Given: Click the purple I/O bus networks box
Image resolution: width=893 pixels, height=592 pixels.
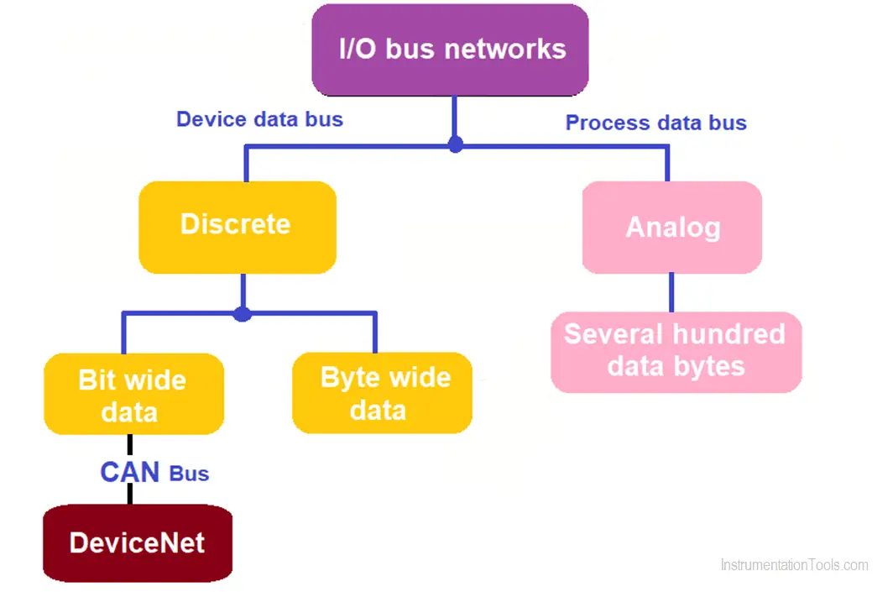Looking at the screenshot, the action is pos(450,50).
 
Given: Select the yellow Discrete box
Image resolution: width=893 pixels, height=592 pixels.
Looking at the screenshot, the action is pos(238,228).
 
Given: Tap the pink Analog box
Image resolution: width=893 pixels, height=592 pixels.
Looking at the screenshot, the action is pos(672,228).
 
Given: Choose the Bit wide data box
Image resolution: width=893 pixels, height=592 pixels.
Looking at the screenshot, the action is pos(133,394).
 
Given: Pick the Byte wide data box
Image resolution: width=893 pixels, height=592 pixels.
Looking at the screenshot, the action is pos(382,393).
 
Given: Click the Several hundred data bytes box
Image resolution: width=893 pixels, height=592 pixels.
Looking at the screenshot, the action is pos(676,352).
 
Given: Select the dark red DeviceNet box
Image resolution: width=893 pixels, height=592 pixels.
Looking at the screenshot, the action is pos(138,543).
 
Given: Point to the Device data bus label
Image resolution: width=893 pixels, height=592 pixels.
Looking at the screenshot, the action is pos(259,119).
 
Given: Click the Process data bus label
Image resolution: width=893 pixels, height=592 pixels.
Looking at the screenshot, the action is pos(656,123).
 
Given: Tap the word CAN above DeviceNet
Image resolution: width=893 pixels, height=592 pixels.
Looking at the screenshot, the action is pos(130,473).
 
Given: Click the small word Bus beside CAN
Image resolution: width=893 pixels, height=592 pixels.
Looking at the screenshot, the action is pos(189,474).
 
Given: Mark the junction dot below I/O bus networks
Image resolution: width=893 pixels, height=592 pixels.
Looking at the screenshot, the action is pos(456,144).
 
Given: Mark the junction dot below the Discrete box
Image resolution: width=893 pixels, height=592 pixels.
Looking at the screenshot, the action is pos(243,314).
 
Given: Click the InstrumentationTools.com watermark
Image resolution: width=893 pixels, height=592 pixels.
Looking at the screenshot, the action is pos(795,565).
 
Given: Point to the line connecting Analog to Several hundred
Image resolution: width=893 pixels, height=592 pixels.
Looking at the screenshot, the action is pos(671,292).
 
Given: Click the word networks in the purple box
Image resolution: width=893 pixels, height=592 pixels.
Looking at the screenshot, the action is pos(505,49).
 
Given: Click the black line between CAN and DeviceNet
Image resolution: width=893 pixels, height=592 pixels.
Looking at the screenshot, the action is pos(130,494).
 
